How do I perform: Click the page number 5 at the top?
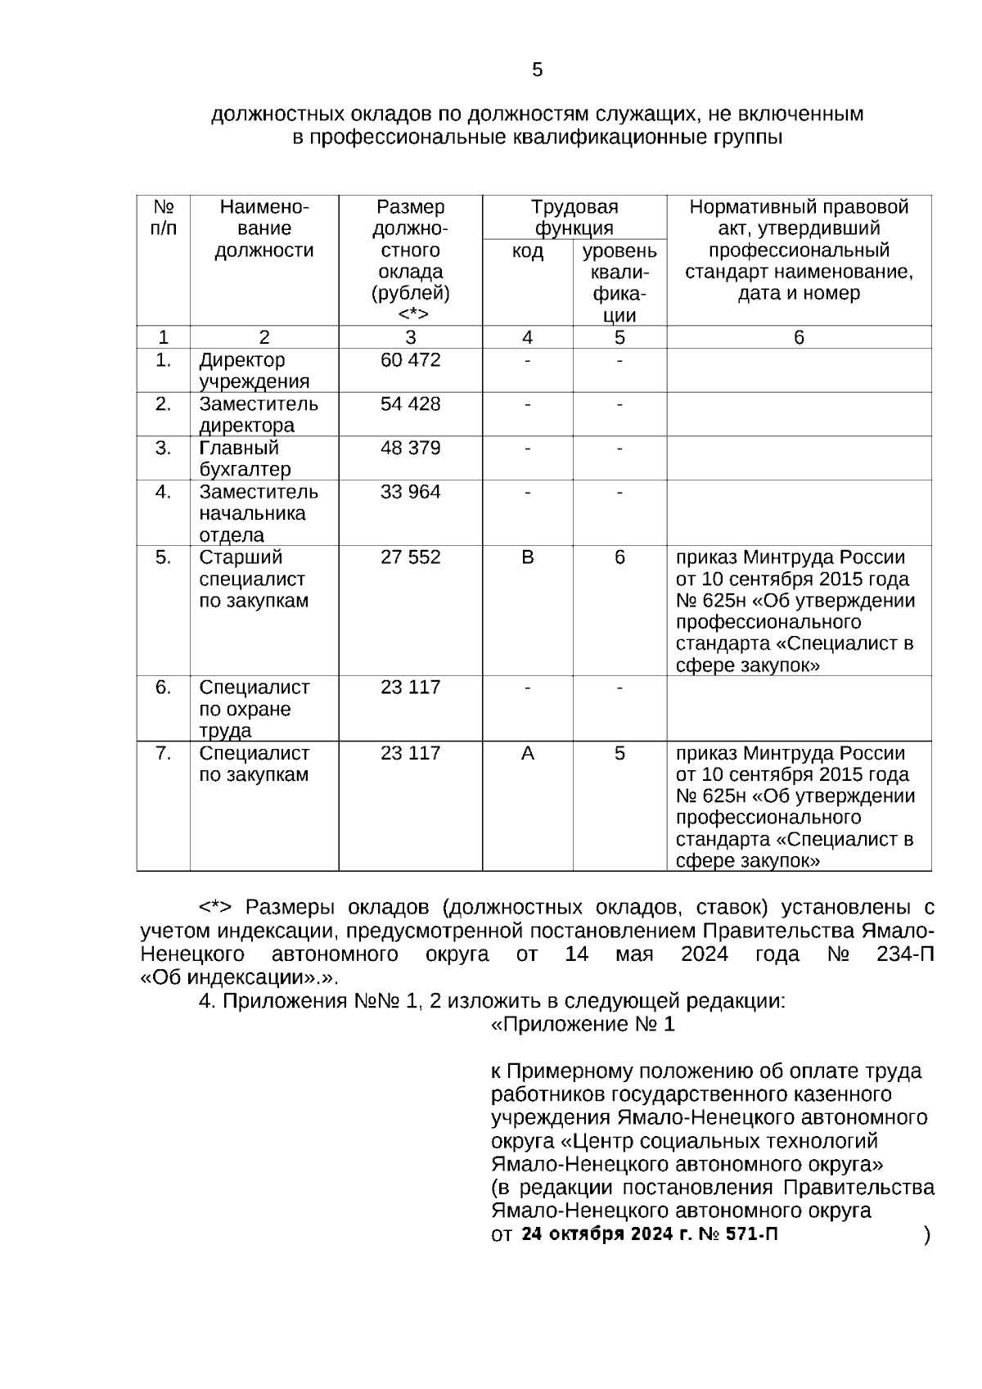click(537, 70)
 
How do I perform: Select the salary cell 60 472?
click(410, 360)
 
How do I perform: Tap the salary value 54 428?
click(410, 404)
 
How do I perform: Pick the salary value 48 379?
click(410, 449)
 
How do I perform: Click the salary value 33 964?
click(410, 492)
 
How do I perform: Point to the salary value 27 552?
click(410, 557)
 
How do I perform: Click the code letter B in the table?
click(527, 557)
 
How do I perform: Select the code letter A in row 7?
click(527, 753)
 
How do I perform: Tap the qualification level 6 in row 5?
click(619, 557)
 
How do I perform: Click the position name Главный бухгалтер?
click(245, 458)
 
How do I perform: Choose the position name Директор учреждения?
click(254, 371)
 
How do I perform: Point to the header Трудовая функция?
click(574, 217)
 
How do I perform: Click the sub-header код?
click(527, 251)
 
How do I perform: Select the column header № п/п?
click(164, 217)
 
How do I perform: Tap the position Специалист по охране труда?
click(254, 709)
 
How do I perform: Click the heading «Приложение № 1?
click(583, 1025)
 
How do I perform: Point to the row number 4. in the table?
click(164, 492)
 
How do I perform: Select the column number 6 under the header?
click(799, 337)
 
